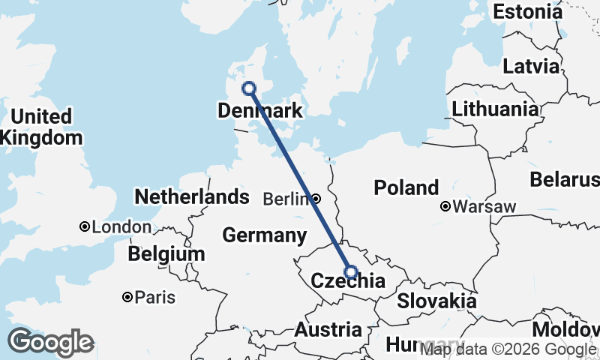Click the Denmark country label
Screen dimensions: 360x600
pyautogui.click(x=259, y=112)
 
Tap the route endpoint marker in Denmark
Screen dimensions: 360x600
pyautogui.click(x=249, y=88)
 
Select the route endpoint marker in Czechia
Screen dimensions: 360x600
pyautogui.click(x=350, y=272)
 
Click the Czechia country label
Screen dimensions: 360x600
pyautogui.click(x=347, y=283)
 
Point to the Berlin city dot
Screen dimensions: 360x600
pyautogui.click(x=316, y=199)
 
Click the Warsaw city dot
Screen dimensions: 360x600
pyautogui.click(x=445, y=206)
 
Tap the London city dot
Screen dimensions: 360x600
pyautogui.click(x=85, y=226)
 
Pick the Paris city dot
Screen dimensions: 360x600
pyautogui.click(x=127, y=297)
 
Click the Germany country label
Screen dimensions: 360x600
pyautogui.click(x=265, y=235)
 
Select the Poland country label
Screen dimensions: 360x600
pyautogui.click(x=406, y=187)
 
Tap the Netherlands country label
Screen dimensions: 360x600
pyautogui.click(x=191, y=197)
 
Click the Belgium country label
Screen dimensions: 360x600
pyautogui.click(x=166, y=254)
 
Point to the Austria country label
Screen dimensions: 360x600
pyautogui.click(x=328, y=329)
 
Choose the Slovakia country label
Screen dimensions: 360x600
pyautogui.click(x=436, y=301)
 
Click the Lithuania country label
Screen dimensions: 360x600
pyautogui.click(x=495, y=109)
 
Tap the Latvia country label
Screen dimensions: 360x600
pyautogui.click(x=531, y=66)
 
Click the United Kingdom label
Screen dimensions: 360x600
pyautogui.click(x=41, y=127)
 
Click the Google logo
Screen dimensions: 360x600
pyautogui.click(x=50, y=342)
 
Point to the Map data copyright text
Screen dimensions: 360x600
pyautogui.click(x=508, y=349)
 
